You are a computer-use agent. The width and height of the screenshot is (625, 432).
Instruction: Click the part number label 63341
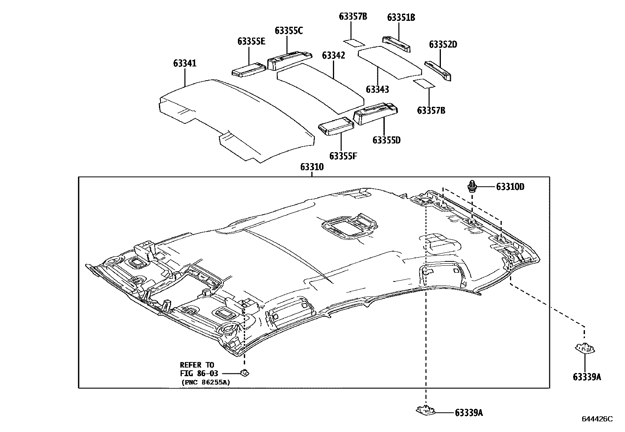coord(185,63)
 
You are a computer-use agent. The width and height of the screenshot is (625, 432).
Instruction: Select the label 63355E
coord(251,42)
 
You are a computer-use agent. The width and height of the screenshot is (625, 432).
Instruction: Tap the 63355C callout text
coord(289,31)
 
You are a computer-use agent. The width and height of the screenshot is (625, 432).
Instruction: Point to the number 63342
coord(333,55)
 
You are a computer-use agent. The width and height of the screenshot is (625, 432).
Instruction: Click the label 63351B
coord(401,17)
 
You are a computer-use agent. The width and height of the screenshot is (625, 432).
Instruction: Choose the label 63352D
coord(443,44)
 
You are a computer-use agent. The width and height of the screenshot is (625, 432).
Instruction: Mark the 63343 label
coord(377,90)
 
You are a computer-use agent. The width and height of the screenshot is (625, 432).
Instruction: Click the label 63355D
coord(386,140)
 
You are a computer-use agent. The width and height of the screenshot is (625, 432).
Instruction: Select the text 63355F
coord(343,156)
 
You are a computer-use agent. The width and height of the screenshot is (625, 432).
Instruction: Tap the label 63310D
coord(510,187)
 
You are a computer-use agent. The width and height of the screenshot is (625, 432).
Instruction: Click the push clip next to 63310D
coord(471,186)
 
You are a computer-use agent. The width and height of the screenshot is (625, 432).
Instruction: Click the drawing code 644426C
coord(597,419)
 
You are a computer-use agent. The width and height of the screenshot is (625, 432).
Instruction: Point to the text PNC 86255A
coord(206,382)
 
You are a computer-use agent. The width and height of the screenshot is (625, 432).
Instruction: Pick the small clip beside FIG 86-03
coord(245,373)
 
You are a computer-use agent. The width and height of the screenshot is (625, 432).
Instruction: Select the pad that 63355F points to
coord(336,126)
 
